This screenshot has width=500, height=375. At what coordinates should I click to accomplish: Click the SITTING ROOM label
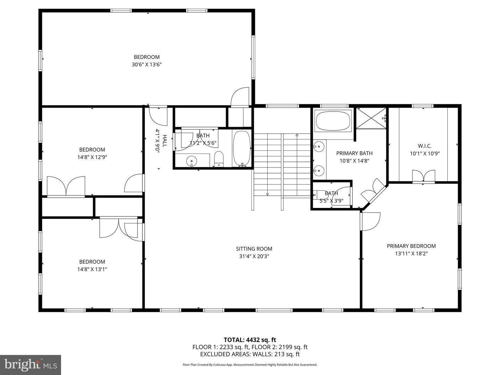[254, 249]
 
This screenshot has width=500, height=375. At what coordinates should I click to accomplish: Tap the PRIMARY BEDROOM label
[411, 246]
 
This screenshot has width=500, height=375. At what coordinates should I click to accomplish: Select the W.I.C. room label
[425, 146]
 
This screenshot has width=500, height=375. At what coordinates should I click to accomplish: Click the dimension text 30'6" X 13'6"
[147, 65]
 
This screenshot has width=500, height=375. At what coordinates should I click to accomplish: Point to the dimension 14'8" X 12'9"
[92, 157]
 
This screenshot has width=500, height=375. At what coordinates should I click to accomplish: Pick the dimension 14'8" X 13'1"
[92, 269]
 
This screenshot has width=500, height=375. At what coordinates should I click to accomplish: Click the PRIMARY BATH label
[354, 153]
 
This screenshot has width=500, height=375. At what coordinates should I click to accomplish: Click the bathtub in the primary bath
[334, 120]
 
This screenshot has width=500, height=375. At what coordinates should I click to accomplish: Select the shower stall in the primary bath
[371, 118]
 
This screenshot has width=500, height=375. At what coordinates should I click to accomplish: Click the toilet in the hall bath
[219, 159]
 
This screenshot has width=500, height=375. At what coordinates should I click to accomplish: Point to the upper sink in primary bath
[318, 147]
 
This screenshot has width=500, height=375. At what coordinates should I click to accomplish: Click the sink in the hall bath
[191, 161]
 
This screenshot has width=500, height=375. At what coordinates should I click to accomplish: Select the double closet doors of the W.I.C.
[423, 176]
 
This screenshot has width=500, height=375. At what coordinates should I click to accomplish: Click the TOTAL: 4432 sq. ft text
[250, 340]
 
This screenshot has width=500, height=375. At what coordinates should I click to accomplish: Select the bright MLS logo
[31, 365]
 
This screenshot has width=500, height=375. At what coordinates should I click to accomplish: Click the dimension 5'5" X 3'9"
[331, 200]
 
